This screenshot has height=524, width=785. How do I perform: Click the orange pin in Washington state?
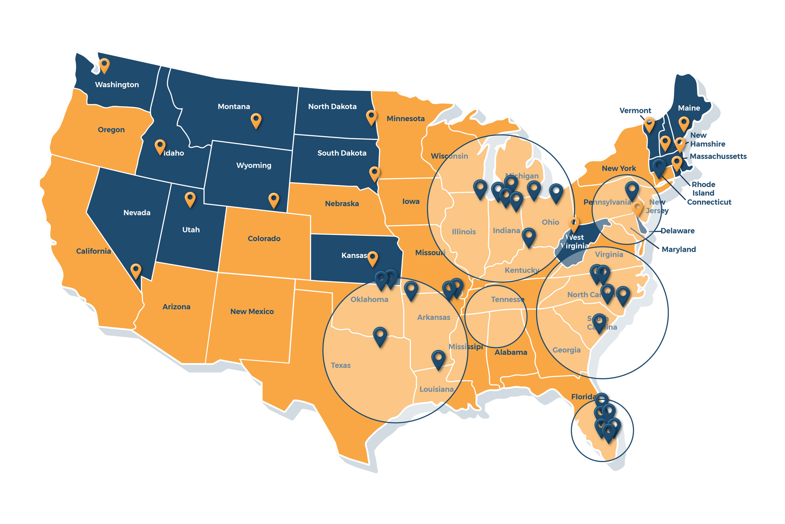pos(104,65)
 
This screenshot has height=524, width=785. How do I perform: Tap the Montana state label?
pos(233,106)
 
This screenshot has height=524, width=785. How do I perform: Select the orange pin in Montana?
pos(256,120)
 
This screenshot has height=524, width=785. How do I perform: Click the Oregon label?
pos(111,130)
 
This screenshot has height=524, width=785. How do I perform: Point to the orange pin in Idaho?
pos(160,146)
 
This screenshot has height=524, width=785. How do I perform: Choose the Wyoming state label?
pos(253,165)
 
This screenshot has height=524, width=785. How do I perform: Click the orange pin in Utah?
pos(190,199)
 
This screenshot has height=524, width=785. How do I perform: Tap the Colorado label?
pos(264,239)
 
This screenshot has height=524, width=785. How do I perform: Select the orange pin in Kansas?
pos(372,258)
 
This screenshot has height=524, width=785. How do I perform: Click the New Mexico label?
pos(252,312)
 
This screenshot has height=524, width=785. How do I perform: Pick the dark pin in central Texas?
pos(380,336)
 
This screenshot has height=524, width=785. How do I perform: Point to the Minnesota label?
pos(406,119)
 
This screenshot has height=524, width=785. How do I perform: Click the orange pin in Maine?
pos(684,123)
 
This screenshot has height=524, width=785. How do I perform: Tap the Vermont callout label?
pos(635,111)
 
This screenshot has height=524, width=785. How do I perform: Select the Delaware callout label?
pos(677,231)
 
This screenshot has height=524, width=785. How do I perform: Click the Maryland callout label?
pos(679,249)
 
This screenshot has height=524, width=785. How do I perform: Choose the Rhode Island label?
pos(703,189)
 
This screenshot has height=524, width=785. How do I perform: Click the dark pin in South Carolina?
pos(599,322)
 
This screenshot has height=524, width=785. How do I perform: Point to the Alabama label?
pos(511,352)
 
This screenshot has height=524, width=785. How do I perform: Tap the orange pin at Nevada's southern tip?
pos(136,271)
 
